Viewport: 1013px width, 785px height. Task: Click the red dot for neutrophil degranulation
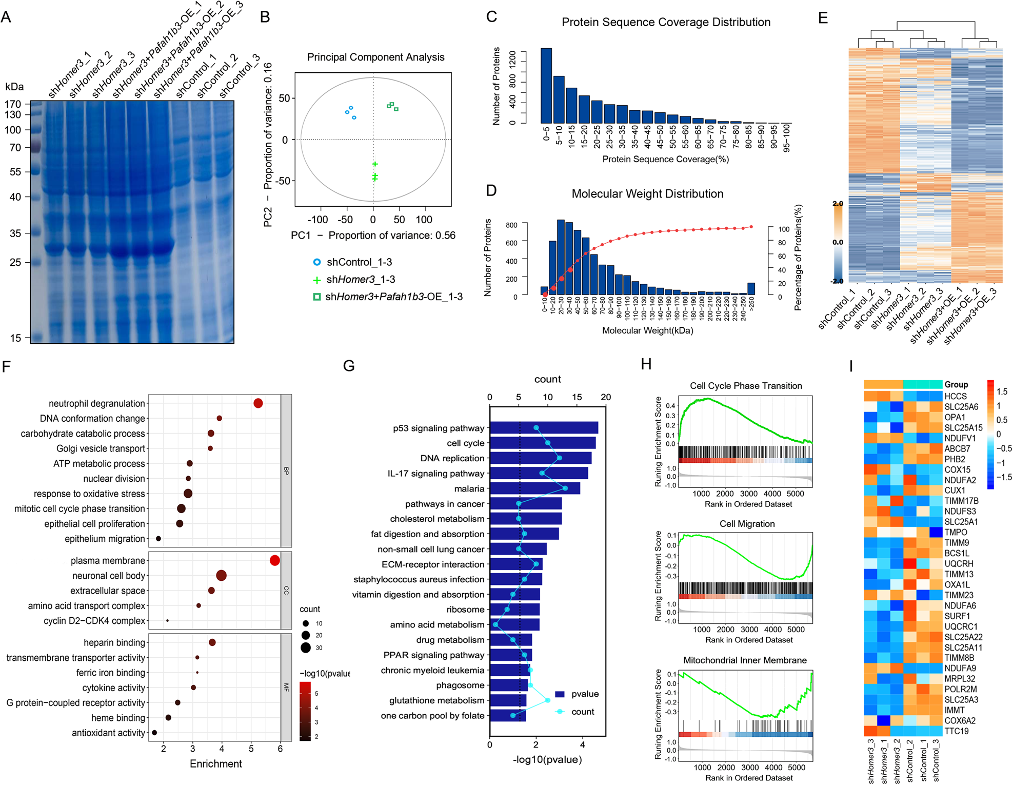tap(258, 403)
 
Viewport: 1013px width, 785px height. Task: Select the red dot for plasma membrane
tap(274, 560)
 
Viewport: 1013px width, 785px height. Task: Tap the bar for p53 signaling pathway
tap(544, 428)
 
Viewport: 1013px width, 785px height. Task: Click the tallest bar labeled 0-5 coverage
tap(546, 86)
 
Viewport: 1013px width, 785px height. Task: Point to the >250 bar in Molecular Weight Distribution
tap(751, 289)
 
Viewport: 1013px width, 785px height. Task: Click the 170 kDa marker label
tap(13, 104)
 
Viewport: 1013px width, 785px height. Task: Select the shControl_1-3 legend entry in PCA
tap(353, 262)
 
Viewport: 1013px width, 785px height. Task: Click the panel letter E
tap(823, 18)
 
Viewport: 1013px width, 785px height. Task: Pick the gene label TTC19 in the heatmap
tap(956, 731)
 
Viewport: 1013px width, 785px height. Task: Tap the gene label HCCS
tap(955, 396)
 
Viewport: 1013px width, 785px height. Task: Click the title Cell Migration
tap(747, 524)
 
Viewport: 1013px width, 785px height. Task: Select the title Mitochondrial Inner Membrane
tap(745, 660)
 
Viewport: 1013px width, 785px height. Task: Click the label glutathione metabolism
tap(436, 700)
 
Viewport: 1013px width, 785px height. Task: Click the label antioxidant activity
tap(108, 733)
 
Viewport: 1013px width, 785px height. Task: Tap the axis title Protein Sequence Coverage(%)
tap(665, 159)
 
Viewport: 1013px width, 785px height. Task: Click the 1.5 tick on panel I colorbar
tap(1002, 391)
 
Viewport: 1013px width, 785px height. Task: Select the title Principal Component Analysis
tap(375, 57)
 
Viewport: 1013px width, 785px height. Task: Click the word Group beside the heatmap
tap(956, 384)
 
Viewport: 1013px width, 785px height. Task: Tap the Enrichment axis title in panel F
tap(215, 763)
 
